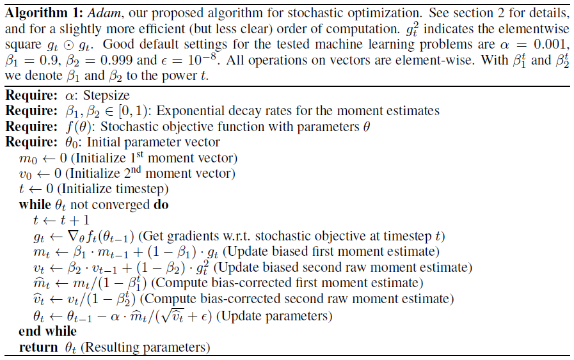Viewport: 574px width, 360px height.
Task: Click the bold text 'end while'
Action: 48,331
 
